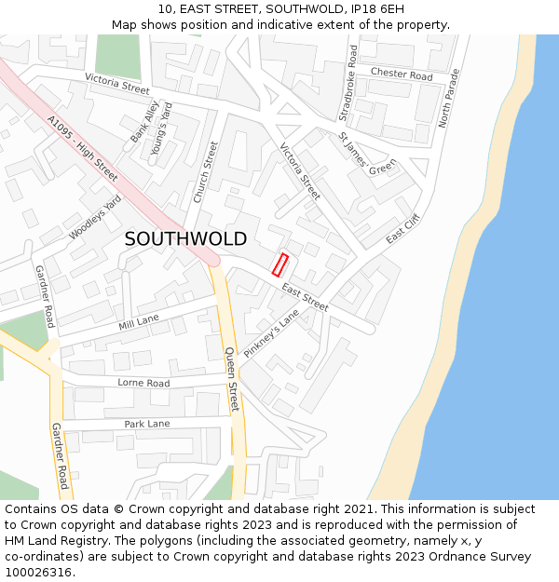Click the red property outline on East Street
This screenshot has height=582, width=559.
coord(279,264)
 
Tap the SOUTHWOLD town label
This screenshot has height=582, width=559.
coord(185,239)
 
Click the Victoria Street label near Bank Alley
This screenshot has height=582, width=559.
coord(116,84)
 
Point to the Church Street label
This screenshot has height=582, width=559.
coord(205,172)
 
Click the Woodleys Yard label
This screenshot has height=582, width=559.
coord(95,218)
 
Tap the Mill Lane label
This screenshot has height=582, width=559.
coord(139,323)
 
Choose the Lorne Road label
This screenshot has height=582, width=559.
coord(143,383)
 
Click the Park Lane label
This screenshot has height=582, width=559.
coord(147,424)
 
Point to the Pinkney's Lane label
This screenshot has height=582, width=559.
coord(271,335)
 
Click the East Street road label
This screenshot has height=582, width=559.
coord(305,297)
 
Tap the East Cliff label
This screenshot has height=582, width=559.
coord(403,228)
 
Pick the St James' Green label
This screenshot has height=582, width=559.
coord(367,154)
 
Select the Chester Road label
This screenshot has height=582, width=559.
coord(402,74)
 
